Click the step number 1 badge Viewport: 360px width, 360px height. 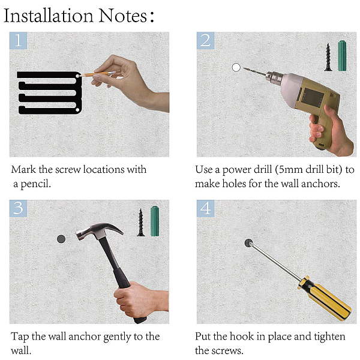[18, 40]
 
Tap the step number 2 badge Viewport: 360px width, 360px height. [205, 40]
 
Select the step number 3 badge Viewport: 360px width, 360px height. [18, 208]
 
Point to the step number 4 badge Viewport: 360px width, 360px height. [205, 208]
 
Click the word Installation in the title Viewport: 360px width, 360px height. [49, 16]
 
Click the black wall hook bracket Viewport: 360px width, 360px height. [49, 93]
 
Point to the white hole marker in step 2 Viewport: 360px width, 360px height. [236, 67]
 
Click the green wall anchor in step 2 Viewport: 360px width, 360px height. [342, 56]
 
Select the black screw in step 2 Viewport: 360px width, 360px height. [328, 57]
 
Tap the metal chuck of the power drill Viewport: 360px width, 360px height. [274, 77]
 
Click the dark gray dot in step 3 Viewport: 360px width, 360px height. [61, 239]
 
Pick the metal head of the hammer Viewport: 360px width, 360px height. [99, 230]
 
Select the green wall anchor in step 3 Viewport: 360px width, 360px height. [155, 221]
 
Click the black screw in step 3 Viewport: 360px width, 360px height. [141, 223]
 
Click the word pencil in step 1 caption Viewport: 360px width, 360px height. [35, 184]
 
